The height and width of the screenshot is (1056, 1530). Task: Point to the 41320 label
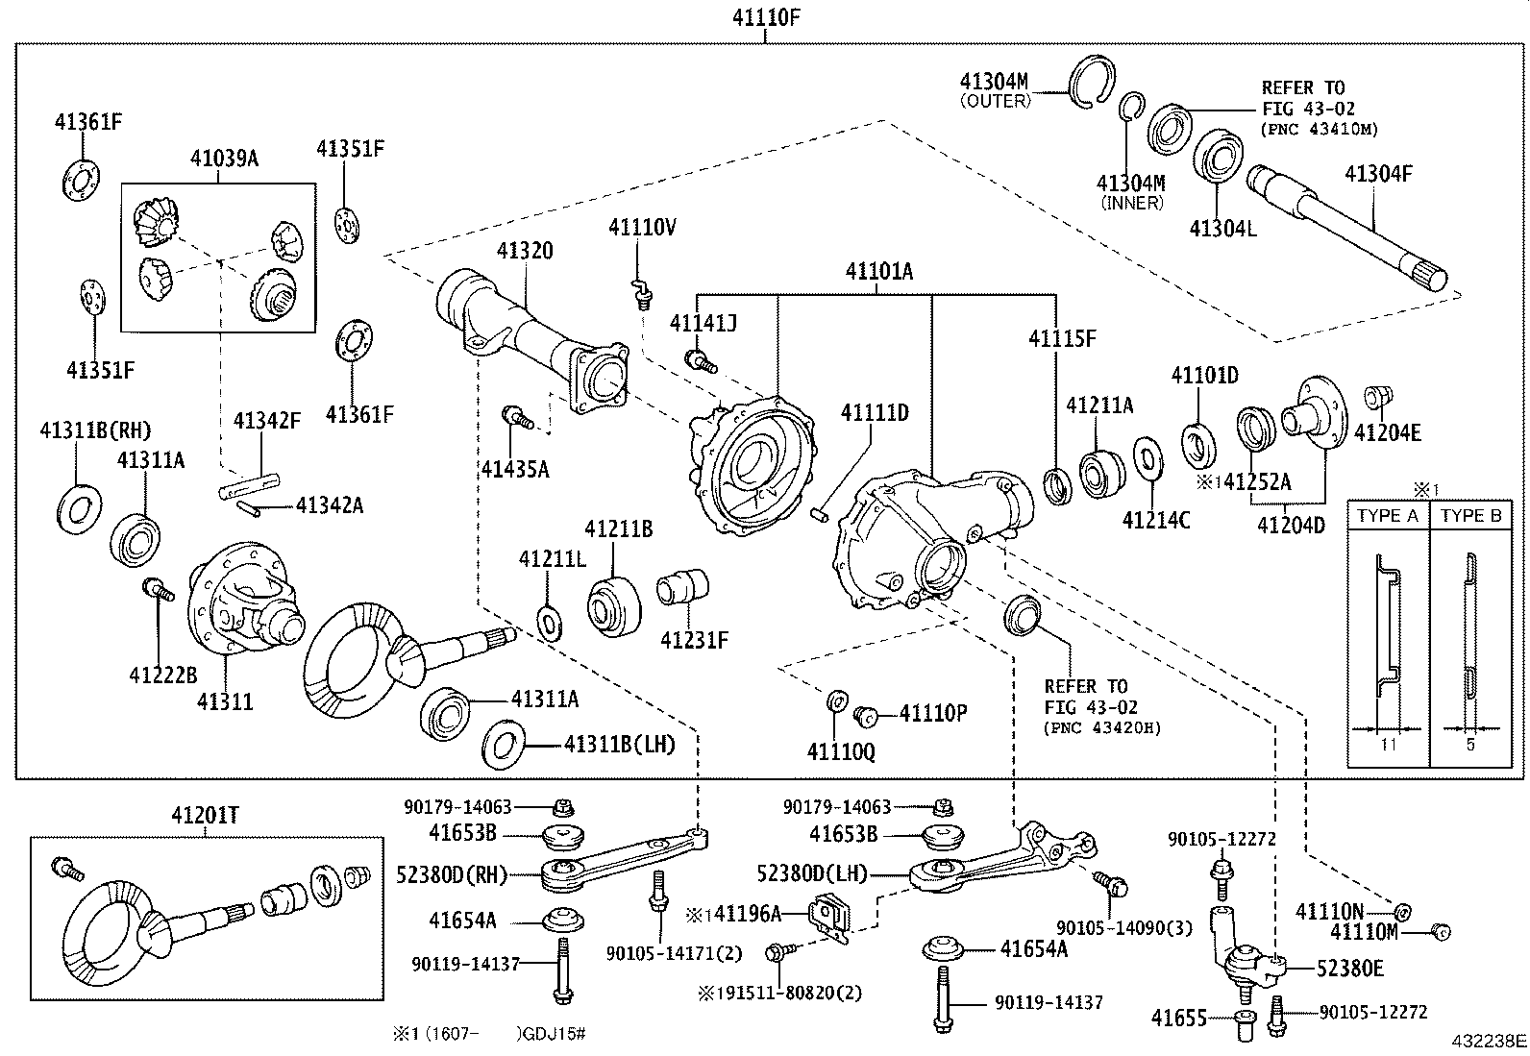coord(525,251)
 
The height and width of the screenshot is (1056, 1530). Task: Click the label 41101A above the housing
coord(878,272)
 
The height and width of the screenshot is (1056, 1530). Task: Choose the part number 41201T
coord(205,816)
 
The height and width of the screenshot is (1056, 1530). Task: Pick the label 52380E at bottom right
coord(1349,969)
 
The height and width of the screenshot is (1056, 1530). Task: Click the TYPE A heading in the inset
coord(1387,516)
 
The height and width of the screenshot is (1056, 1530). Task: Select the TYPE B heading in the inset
coord(1469,516)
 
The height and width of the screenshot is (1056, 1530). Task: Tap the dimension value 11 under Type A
coord(1387,744)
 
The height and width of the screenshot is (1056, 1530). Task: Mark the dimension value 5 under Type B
coord(1469,744)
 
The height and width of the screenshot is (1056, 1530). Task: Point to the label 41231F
coord(694,639)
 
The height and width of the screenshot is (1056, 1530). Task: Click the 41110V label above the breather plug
coord(642,227)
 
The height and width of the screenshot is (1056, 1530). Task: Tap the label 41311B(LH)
coord(620,744)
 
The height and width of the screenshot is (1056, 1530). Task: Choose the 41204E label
coord(1387,432)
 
